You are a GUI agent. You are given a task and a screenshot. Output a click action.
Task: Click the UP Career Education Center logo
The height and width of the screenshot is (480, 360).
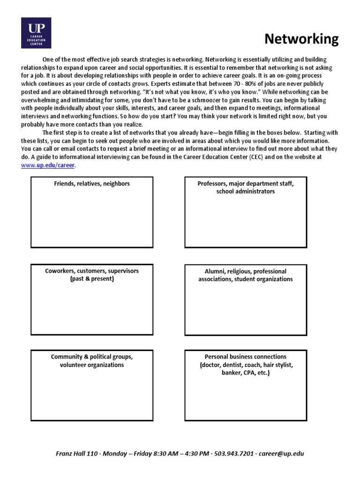click(x=36, y=33)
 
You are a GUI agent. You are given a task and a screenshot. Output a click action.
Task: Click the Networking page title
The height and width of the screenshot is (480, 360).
click(x=301, y=39)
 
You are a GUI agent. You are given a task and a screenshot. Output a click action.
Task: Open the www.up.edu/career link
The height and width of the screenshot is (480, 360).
click(x=48, y=165)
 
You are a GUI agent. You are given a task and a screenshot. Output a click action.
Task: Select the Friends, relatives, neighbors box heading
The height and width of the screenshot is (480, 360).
click(x=92, y=184)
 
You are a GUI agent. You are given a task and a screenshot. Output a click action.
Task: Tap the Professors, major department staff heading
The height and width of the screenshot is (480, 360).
click(x=246, y=184)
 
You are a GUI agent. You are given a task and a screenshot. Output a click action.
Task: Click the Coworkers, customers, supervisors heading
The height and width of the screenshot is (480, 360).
click(x=92, y=271)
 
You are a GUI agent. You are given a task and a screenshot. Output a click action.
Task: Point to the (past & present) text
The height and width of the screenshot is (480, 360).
click(x=92, y=279)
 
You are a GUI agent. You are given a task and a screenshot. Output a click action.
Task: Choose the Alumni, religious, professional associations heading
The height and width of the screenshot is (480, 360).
click(x=246, y=275)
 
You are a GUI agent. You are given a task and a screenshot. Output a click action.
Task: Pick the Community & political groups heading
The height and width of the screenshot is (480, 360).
click(x=92, y=357)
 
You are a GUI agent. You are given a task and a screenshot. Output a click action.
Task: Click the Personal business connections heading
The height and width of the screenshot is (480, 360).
click(x=246, y=357)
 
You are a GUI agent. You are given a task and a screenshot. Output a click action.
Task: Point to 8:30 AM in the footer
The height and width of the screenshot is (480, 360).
click(x=158, y=454)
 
